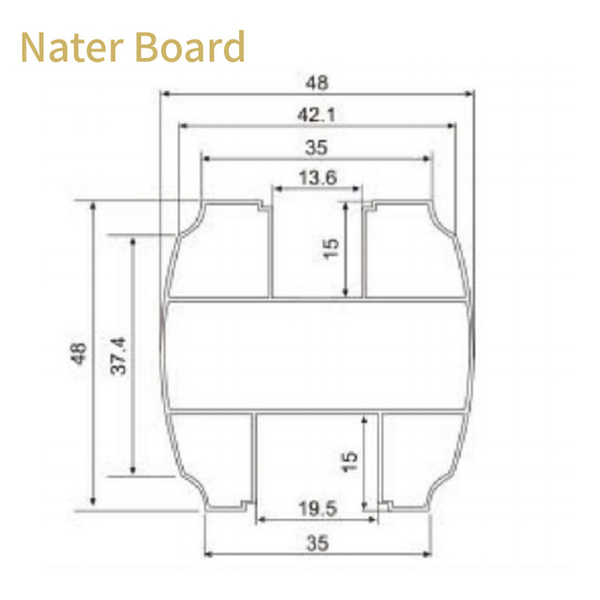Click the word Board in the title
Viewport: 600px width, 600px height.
pyautogui.click(x=190, y=46)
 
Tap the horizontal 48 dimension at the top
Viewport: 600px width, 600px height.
pyautogui.click(x=317, y=82)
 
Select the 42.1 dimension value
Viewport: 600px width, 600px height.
pyautogui.click(x=317, y=114)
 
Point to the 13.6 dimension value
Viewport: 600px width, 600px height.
pyautogui.click(x=318, y=178)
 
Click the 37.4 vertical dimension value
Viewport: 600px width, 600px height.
pyautogui.click(x=118, y=355)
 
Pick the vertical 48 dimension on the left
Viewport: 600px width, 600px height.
pyautogui.click(x=79, y=353)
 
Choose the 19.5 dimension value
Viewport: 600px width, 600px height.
pyautogui.click(x=318, y=509)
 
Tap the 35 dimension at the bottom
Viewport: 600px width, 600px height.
pyautogui.click(x=318, y=544)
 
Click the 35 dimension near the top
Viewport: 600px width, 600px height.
pyautogui.click(x=317, y=148)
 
